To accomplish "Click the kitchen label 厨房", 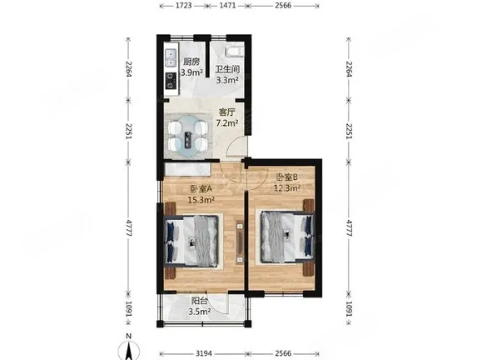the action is [x=191, y=62].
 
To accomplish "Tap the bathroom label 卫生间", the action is [x=227, y=69].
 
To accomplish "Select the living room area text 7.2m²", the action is [x=227, y=123].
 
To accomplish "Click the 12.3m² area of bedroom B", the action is [x=287, y=187].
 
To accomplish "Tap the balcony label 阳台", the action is [x=199, y=301].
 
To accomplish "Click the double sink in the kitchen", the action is [x=171, y=58].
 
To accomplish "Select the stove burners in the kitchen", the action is [x=171, y=81].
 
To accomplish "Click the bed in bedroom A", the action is [x=191, y=241].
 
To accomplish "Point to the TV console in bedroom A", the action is [x=240, y=242].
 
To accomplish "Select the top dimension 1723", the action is [x=184, y=6].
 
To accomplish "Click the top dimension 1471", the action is [x=227, y=6].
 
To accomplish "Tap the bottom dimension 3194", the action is [x=204, y=353].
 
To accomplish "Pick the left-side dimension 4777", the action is [x=129, y=228].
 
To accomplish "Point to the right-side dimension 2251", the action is [x=349, y=132].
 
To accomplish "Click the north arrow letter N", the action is [x=129, y=337].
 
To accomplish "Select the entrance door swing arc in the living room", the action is [x=236, y=145].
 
